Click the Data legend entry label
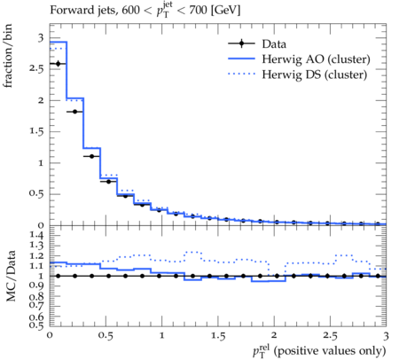tap(274, 44)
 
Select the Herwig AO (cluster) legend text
tap(316, 59)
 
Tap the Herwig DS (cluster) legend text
tap(315, 74)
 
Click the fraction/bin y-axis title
tap(8, 56)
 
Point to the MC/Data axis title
tap(11, 276)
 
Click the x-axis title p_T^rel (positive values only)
tap(319, 351)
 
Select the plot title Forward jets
tap(84, 10)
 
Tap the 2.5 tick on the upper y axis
tap(36, 68)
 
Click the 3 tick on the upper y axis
tap(41, 38)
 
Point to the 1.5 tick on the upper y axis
tap(36, 131)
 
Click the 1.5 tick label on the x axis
tap(218, 336)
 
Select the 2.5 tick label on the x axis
tap(330, 336)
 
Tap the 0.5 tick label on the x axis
tap(106, 336)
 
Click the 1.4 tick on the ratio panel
tap(36, 235)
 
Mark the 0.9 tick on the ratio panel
tap(36, 286)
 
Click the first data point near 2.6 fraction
tap(58, 64)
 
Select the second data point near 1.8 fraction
tap(74, 112)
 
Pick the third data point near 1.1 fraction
tap(91, 156)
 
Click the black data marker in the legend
tap(241, 43)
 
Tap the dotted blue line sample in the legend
tap(241, 74)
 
